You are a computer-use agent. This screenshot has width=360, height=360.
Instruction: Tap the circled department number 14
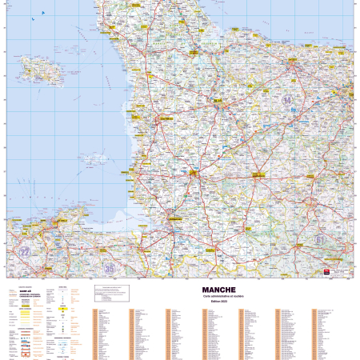click(286, 100)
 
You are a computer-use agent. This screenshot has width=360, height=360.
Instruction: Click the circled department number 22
click(25, 251)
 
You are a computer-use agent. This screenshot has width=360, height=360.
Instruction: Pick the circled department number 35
click(109, 268)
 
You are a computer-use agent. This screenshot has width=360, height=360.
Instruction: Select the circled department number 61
click(320, 238)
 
